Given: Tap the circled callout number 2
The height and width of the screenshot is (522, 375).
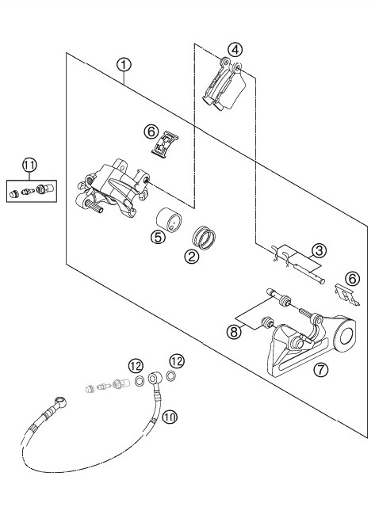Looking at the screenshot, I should (x=191, y=256).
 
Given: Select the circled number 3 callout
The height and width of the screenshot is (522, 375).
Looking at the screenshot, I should (x=319, y=252).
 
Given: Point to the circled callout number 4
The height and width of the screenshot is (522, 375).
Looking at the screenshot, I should (x=232, y=47).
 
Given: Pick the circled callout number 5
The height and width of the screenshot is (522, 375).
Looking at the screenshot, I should (x=158, y=236).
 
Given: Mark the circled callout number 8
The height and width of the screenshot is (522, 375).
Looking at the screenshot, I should (x=235, y=333).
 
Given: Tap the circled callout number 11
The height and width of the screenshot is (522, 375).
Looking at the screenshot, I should (x=29, y=165).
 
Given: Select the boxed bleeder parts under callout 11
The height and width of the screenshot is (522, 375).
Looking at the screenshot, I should (x=29, y=189).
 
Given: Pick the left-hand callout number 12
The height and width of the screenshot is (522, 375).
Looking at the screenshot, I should (x=136, y=366).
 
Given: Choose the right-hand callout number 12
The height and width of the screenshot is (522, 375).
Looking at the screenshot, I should (x=176, y=361).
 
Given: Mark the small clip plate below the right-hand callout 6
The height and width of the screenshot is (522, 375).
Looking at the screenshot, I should (x=342, y=295).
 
